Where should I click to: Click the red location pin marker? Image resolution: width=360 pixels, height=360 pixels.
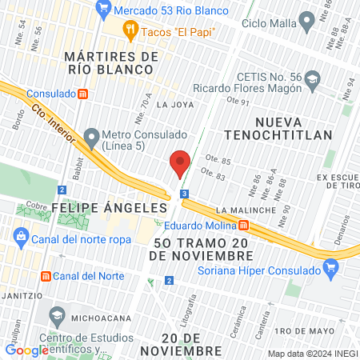tap(180, 163)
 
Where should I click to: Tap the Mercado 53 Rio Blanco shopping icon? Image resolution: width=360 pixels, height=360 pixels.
tap(102, 10)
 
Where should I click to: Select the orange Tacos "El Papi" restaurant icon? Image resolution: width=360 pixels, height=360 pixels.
tap(130, 31)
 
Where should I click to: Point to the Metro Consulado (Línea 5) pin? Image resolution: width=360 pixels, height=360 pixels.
tap(91, 134)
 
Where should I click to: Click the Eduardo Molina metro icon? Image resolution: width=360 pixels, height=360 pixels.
tap(254, 224)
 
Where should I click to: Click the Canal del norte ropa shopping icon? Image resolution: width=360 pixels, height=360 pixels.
tap(22, 237)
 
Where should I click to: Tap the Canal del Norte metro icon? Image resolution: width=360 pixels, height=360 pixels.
tap(46, 276)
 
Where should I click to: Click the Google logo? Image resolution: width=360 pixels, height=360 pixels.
tap(26, 350)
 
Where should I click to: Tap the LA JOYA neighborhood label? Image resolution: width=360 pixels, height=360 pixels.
tap(174, 104)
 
